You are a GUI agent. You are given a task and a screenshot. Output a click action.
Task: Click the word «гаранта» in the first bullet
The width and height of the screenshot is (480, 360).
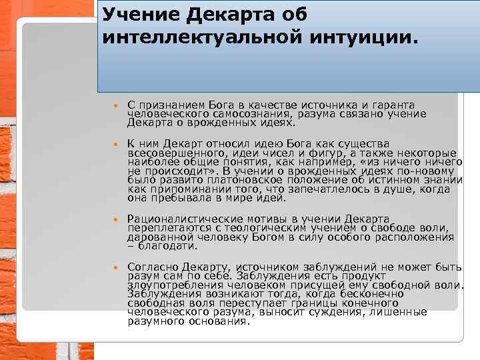pyautogui.click(x=392, y=105)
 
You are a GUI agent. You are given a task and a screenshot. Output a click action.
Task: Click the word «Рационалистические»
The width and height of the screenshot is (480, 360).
pyautogui.click(x=181, y=219)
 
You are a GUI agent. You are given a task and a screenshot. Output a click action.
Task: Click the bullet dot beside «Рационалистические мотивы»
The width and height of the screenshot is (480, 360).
pyautogui.click(x=115, y=219)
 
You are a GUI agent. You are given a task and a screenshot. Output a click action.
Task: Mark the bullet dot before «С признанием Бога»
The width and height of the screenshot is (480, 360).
pyautogui.click(x=115, y=106)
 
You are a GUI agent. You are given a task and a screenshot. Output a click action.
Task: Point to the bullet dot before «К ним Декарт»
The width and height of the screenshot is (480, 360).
pyautogui.click(x=115, y=144)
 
